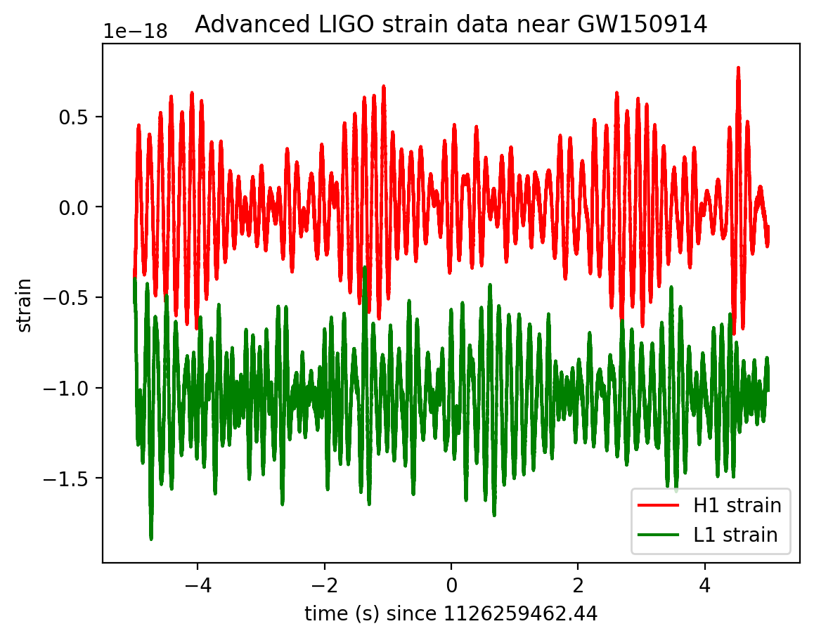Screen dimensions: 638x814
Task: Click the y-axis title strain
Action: pyautogui.click(x=25, y=304)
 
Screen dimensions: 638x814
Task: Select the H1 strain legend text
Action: pyautogui.click(x=737, y=505)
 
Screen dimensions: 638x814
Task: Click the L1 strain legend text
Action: pyautogui.click(x=735, y=535)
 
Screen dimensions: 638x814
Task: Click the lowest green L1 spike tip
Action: pyautogui.click(x=151, y=538)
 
